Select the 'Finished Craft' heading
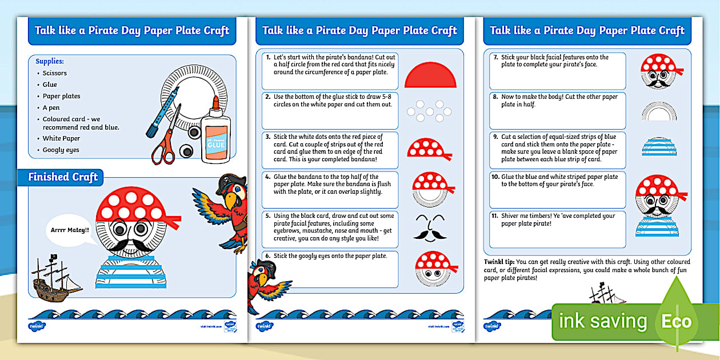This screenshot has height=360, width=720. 63,177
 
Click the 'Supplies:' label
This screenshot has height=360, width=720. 50,61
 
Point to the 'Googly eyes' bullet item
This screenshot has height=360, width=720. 61,150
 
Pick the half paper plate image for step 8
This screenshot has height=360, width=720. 658,111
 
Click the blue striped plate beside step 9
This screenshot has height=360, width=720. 658,147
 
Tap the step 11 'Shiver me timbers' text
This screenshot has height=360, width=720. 558,219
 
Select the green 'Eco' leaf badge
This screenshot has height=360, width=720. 677,321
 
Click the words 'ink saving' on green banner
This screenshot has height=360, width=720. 602,321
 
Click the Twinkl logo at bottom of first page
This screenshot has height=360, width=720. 37,326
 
